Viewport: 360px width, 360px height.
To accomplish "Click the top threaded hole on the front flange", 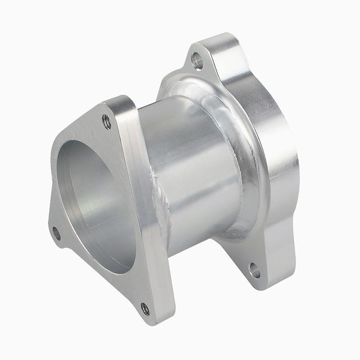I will (107, 122).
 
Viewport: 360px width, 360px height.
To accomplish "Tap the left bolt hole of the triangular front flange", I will (56, 233).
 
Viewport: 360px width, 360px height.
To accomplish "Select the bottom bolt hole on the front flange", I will (145, 309).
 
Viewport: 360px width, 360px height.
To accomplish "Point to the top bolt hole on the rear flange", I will (197, 60).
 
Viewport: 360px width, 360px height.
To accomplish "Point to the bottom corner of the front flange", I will (153, 318).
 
